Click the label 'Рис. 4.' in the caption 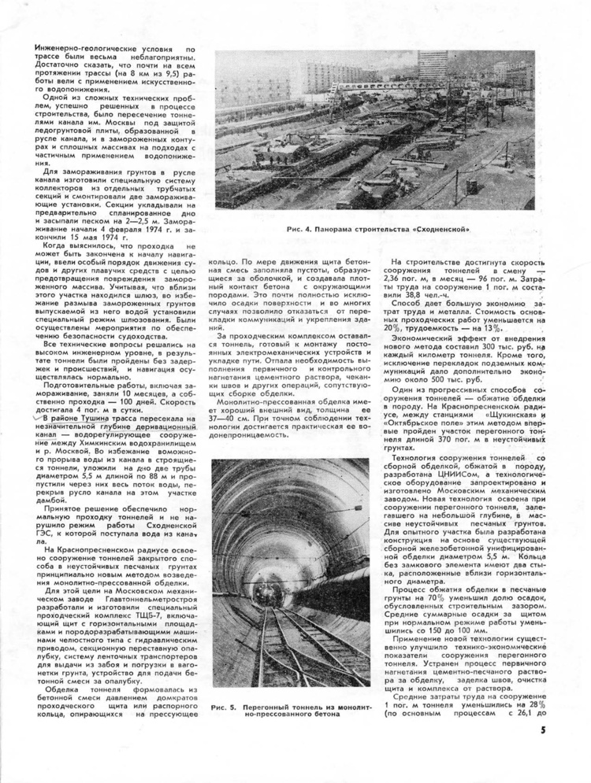tap(303, 229)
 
